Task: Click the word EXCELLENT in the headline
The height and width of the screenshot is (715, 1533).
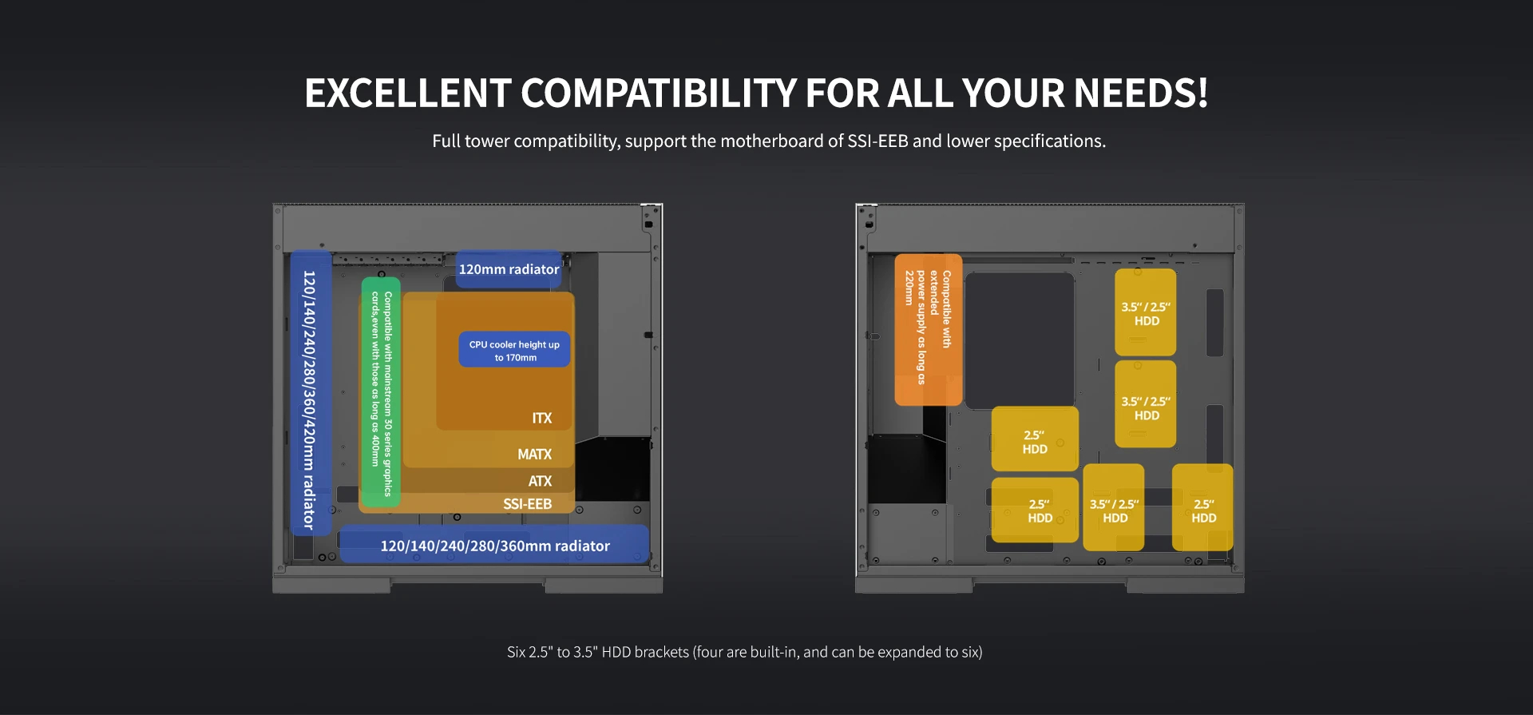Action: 408,93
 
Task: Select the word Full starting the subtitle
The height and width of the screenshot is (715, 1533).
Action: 446,141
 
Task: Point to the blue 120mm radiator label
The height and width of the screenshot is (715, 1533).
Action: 509,269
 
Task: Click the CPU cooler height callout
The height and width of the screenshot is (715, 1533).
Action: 514,350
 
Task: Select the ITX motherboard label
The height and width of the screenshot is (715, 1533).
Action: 542,418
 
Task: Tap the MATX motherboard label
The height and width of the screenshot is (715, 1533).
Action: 534,454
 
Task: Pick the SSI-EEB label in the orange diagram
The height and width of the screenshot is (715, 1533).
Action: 527,504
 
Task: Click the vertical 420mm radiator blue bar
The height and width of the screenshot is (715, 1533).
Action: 310,392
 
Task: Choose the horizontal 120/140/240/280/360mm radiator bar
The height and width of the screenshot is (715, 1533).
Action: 494,545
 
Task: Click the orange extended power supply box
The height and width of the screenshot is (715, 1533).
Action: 928,330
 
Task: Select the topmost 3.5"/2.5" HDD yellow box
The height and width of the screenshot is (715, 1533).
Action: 1145,312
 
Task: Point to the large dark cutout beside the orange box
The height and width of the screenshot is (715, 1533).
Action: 1020,340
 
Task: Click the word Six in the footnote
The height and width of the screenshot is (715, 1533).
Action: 516,652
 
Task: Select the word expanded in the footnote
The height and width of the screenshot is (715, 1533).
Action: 907,653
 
